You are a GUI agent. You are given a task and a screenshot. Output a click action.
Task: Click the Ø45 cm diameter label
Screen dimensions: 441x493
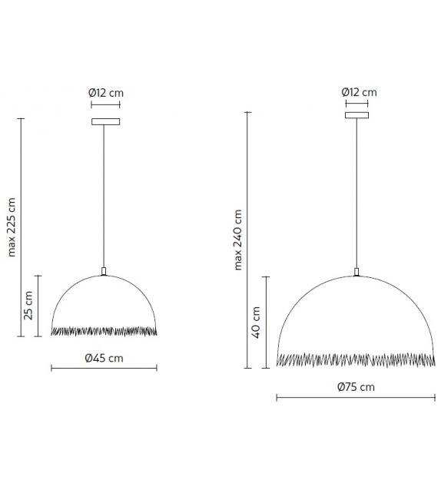[104, 358]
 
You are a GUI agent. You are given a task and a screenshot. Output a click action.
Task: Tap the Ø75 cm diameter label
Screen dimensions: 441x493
[356, 387]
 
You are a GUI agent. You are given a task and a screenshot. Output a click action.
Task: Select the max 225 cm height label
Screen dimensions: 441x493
[12, 227]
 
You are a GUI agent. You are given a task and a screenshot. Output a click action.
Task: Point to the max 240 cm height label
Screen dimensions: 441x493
[238, 240]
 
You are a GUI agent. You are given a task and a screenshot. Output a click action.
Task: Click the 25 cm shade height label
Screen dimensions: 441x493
[28, 306]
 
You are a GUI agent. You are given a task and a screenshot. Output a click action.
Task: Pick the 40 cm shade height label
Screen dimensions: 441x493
[256, 323]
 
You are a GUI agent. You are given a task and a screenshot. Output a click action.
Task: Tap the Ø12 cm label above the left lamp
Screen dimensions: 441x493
[106, 93]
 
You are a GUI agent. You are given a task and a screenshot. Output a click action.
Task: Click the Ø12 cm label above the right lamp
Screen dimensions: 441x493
[360, 92]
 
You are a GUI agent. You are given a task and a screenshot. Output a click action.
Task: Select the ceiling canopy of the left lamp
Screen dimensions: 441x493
[106, 121]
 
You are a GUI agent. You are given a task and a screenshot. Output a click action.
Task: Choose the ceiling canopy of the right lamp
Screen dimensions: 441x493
[356, 115]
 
